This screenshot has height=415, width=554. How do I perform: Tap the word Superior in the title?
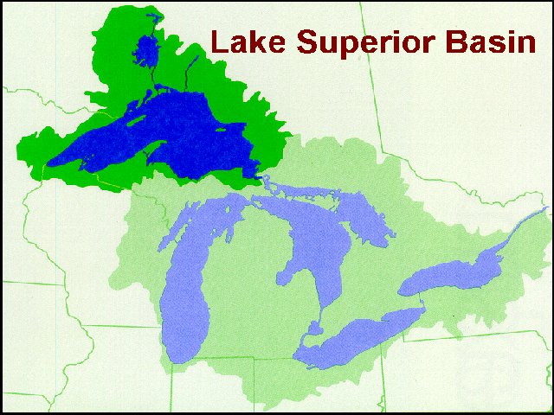click(359, 41)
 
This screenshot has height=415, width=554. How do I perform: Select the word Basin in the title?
click(491, 41)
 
